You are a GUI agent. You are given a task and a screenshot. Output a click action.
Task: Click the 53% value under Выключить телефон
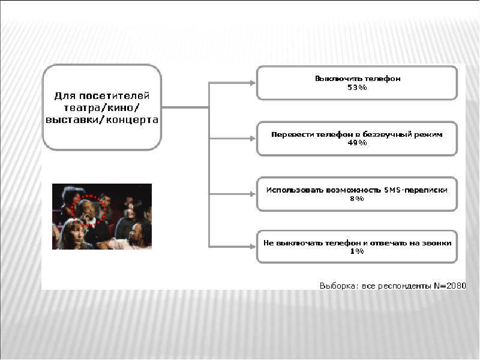pyautogui.click(x=357, y=87)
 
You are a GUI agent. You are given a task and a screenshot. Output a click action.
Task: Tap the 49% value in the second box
pyautogui.click(x=357, y=143)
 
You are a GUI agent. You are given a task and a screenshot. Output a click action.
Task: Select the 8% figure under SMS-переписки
pyautogui.click(x=357, y=198)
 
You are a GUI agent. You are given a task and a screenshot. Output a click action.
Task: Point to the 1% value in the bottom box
pyautogui.click(x=357, y=251)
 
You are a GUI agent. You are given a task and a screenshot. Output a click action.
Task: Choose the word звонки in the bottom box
pyautogui.click(x=436, y=243)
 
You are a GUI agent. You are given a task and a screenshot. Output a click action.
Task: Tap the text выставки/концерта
pyautogui.click(x=102, y=119)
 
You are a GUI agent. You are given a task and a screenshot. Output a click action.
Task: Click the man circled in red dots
pyautogui.click(x=88, y=211)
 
